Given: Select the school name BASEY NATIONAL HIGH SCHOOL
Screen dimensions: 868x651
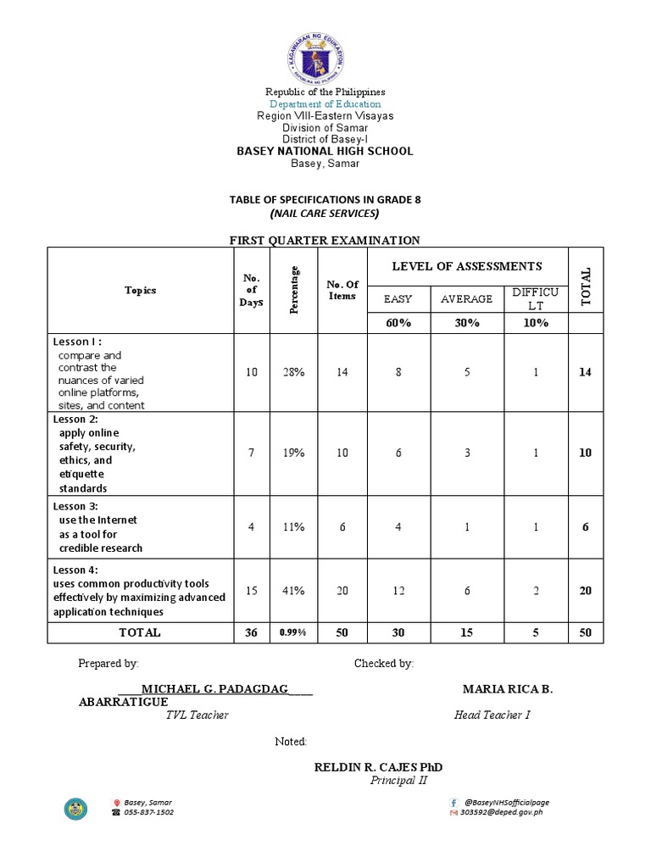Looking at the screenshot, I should (x=325, y=151).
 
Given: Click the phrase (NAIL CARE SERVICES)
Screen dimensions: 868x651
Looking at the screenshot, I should (x=325, y=213).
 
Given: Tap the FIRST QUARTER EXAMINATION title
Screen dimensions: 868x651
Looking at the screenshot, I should (x=325, y=241).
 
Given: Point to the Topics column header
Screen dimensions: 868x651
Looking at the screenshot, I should (x=141, y=290).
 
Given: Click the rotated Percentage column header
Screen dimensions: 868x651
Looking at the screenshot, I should (x=294, y=290).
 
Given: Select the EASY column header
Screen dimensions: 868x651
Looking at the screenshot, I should (x=398, y=298).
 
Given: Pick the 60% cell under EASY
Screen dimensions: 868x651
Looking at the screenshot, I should (x=398, y=323).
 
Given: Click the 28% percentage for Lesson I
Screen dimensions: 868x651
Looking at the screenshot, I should (x=294, y=372).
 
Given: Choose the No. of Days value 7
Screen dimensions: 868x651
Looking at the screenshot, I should (x=251, y=453).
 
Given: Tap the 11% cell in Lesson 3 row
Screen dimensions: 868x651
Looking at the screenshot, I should (x=294, y=527).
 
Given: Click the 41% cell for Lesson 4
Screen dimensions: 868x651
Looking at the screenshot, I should (x=294, y=591).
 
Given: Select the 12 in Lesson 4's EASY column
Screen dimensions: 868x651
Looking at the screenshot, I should (x=398, y=591).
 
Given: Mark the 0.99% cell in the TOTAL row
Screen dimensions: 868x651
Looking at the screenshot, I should (x=294, y=633).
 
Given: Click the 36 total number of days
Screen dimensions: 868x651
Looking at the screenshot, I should (x=251, y=632).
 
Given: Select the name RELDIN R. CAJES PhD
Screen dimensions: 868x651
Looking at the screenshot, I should (x=378, y=767).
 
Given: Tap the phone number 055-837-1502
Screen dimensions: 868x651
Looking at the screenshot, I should (x=149, y=812).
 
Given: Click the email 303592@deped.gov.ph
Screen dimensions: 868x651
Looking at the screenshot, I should (x=501, y=812).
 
